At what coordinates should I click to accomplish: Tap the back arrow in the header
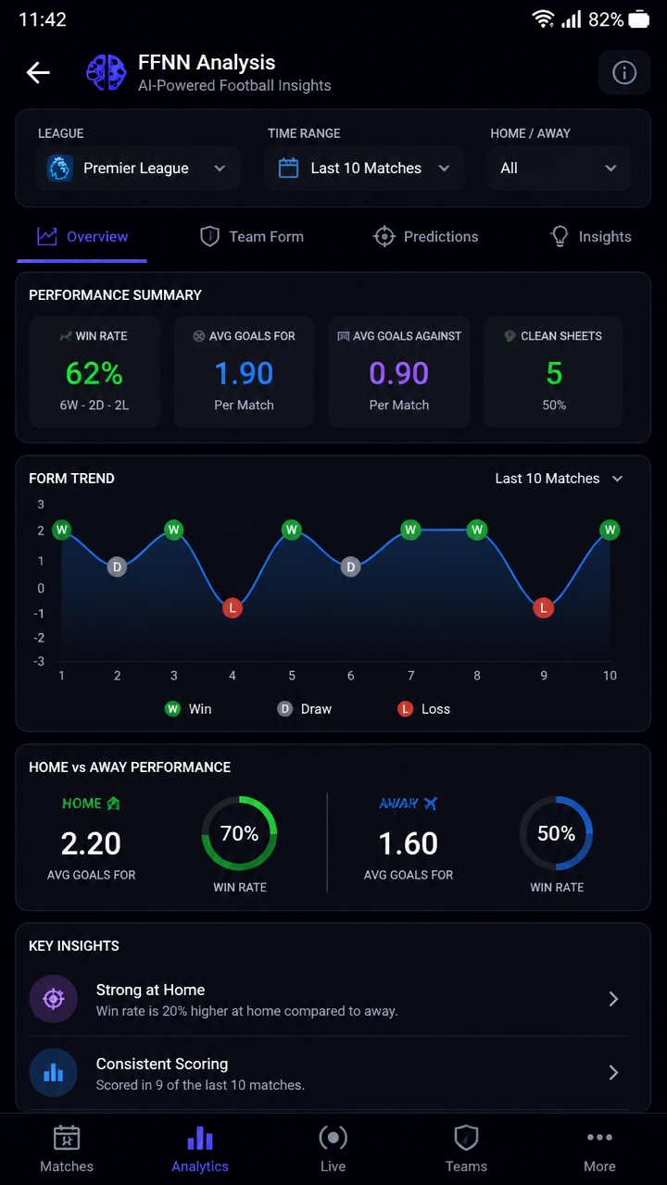click(x=38, y=72)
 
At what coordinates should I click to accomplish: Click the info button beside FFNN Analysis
click(x=624, y=72)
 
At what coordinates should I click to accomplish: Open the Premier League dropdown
click(x=138, y=168)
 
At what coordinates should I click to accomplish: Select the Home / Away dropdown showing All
click(x=559, y=168)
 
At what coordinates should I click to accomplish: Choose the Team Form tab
click(x=252, y=236)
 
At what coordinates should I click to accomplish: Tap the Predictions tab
click(x=425, y=236)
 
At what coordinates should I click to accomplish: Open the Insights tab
click(x=591, y=236)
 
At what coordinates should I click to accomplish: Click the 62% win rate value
click(x=94, y=373)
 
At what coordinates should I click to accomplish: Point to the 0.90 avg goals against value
click(x=398, y=373)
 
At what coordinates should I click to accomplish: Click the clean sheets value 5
click(x=554, y=373)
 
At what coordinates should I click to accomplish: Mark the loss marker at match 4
click(x=233, y=608)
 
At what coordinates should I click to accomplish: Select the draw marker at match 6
click(x=350, y=568)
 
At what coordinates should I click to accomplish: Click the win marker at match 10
click(x=610, y=530)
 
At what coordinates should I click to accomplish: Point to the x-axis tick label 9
click(x=543, y=676)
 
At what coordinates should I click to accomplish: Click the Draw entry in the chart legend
click(x=305, y=709)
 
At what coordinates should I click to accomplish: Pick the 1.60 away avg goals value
click(x=409, y=843)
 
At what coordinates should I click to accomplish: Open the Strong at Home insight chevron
click(x=613, y=999)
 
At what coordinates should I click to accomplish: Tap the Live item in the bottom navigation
click(x=333, y=1149)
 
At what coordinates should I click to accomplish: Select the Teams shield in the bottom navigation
click(x=466, y=1138)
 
